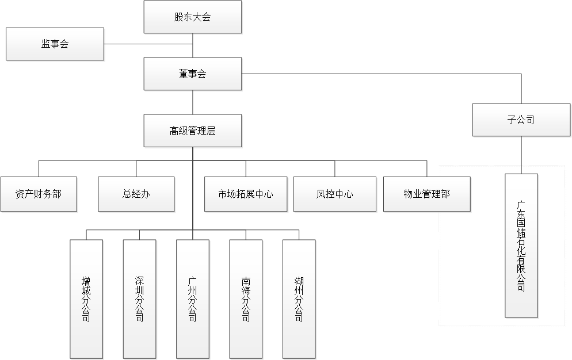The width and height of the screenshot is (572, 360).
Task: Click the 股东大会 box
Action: pos(192,17)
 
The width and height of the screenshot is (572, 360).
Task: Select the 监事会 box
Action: pos(55,44)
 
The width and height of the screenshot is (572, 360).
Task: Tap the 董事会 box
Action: pos(192,74)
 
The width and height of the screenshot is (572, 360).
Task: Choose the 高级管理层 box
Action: pos(192,131)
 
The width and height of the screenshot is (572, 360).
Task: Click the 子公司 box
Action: pos(521,120)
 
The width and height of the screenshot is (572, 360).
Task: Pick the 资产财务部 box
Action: pos(39,194)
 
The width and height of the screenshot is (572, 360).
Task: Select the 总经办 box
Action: pos(136,194)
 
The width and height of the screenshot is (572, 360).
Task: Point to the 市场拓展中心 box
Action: pos(246,194)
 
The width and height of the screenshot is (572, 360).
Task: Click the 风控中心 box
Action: pos(334,194)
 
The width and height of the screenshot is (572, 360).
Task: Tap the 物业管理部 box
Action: pos(426,194)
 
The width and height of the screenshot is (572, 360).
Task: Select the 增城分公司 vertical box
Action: pos(86,299)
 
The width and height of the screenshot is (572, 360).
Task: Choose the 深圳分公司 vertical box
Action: pos(139,299)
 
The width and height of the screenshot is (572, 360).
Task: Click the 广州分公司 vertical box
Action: pos(192,299)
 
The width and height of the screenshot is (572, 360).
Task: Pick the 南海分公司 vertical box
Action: pos(246,299)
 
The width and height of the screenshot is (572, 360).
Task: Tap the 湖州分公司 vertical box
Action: pos(299,299)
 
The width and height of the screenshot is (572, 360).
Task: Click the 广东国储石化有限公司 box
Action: pos(521,246)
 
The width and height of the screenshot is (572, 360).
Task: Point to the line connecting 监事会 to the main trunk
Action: pos(148,44)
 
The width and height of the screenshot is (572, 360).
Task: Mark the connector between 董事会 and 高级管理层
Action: pos(192,102)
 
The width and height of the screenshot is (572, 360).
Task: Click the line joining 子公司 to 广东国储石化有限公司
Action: pos(521,155)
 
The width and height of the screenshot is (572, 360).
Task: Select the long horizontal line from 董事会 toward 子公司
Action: pos(380,74)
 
